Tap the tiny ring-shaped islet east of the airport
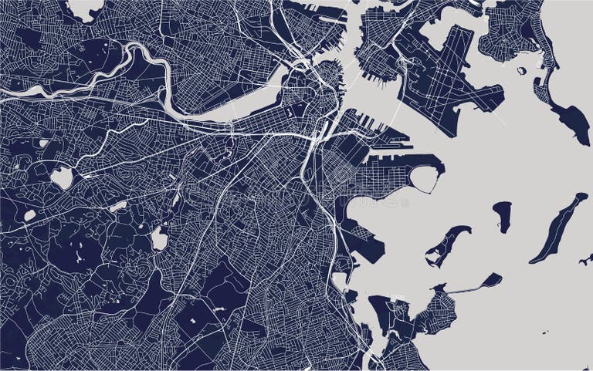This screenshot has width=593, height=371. (x=523, y=71)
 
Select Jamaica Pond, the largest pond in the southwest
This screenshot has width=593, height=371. (x=160, y=238)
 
